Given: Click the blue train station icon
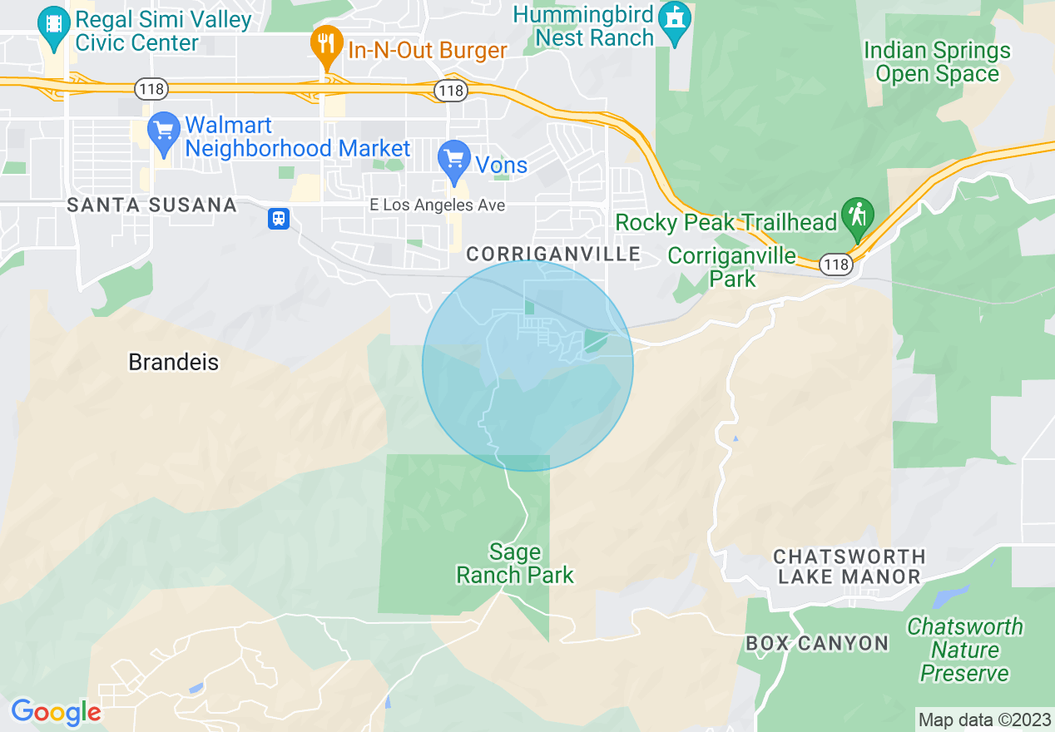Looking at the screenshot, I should [278, 219].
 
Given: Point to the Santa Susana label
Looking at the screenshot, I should [151, 205].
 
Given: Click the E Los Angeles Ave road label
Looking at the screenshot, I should [438, 205].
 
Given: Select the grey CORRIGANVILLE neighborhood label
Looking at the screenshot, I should [553, 254].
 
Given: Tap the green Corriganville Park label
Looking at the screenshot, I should [732, 267].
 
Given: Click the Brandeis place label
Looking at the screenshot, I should [174, 362].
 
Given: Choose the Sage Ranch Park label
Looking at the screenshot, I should [515, 563].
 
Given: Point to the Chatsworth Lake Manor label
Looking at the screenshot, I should [849, 566].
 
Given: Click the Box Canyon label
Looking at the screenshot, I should [817, 643].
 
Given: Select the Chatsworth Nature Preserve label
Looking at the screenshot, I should [965, 650].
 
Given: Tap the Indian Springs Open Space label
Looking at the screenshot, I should [937, 62].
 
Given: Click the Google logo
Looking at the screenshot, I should [56, 712].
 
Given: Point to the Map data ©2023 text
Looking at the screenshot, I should [983, 720].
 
